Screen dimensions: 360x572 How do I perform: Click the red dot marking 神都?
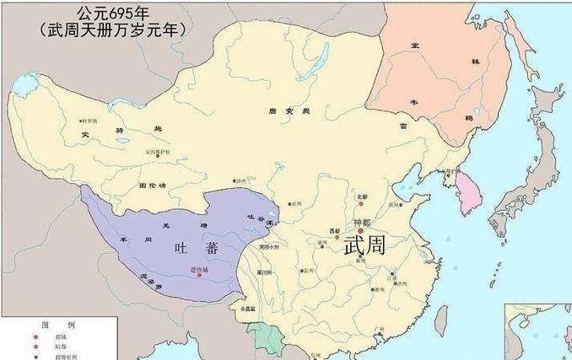coord(362,230)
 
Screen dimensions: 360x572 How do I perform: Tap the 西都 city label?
coord(335,230)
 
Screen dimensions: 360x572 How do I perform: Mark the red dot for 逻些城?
coord(200,275)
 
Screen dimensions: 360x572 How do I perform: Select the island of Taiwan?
coord(440,319)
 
